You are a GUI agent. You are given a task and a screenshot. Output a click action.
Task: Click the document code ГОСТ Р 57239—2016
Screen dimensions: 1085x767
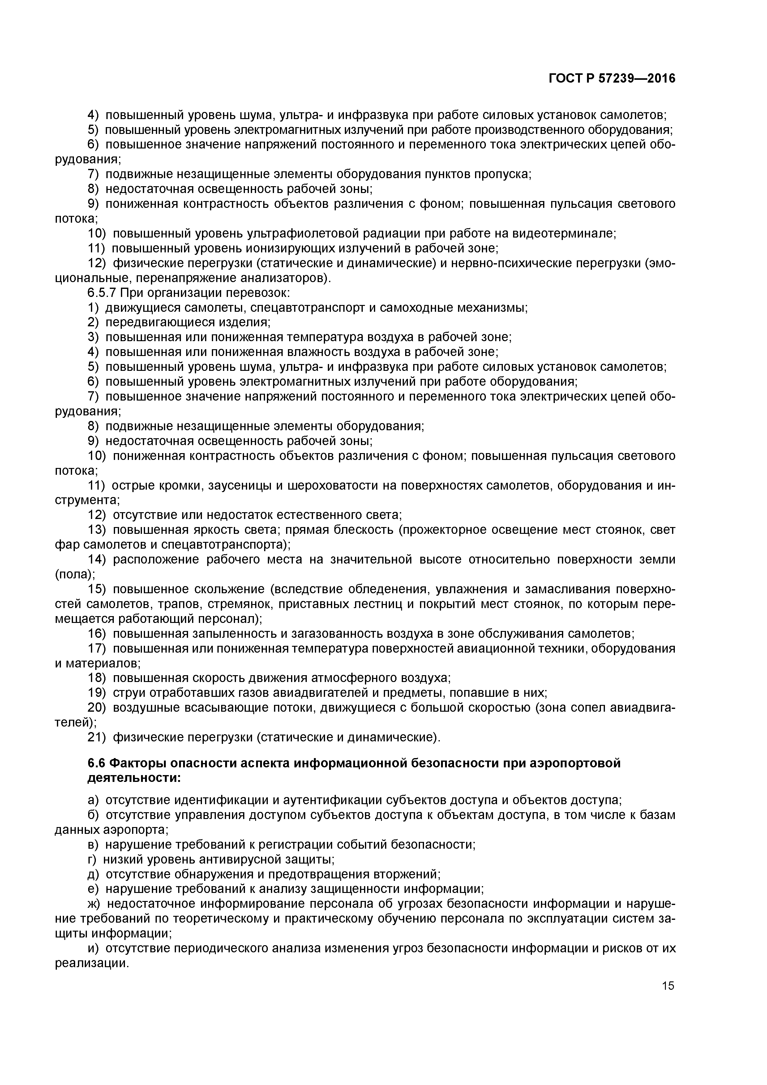(x=612, y=79)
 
